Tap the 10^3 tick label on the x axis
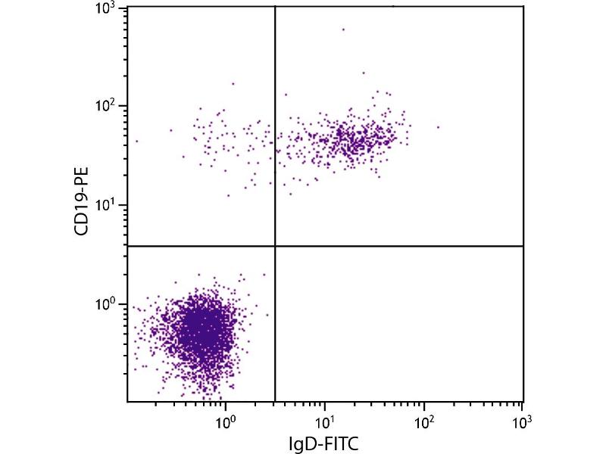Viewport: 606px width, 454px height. pyautogui.click(x=522, y=419)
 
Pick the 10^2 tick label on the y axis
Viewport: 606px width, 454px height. pyautogui.click(x=104, y=107)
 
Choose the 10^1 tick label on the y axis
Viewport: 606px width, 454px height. pyautogui.click(x=104, y=206)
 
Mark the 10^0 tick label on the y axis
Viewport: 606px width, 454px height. pyautogui.click(x=104, y=305)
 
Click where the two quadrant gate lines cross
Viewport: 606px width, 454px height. pyautogui.click(x=274, y=246)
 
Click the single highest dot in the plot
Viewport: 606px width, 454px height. pyautogui.click(x=343, y=30)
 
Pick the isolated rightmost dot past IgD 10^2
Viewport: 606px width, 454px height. pyautogui.click(x=438, y=126)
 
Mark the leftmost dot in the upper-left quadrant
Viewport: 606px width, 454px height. pyautogui.click(x=137, y=141)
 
